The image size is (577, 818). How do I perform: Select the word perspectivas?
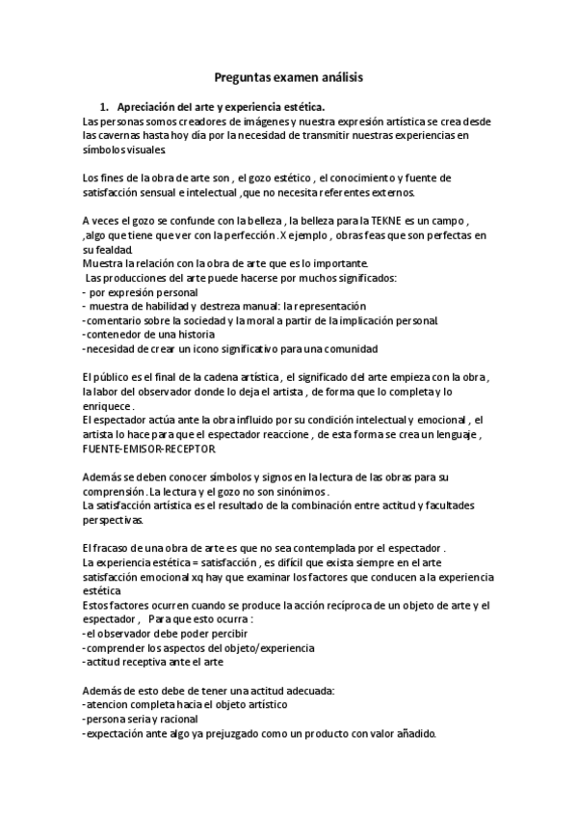coord(113,520)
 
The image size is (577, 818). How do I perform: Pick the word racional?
coord(176,719)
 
